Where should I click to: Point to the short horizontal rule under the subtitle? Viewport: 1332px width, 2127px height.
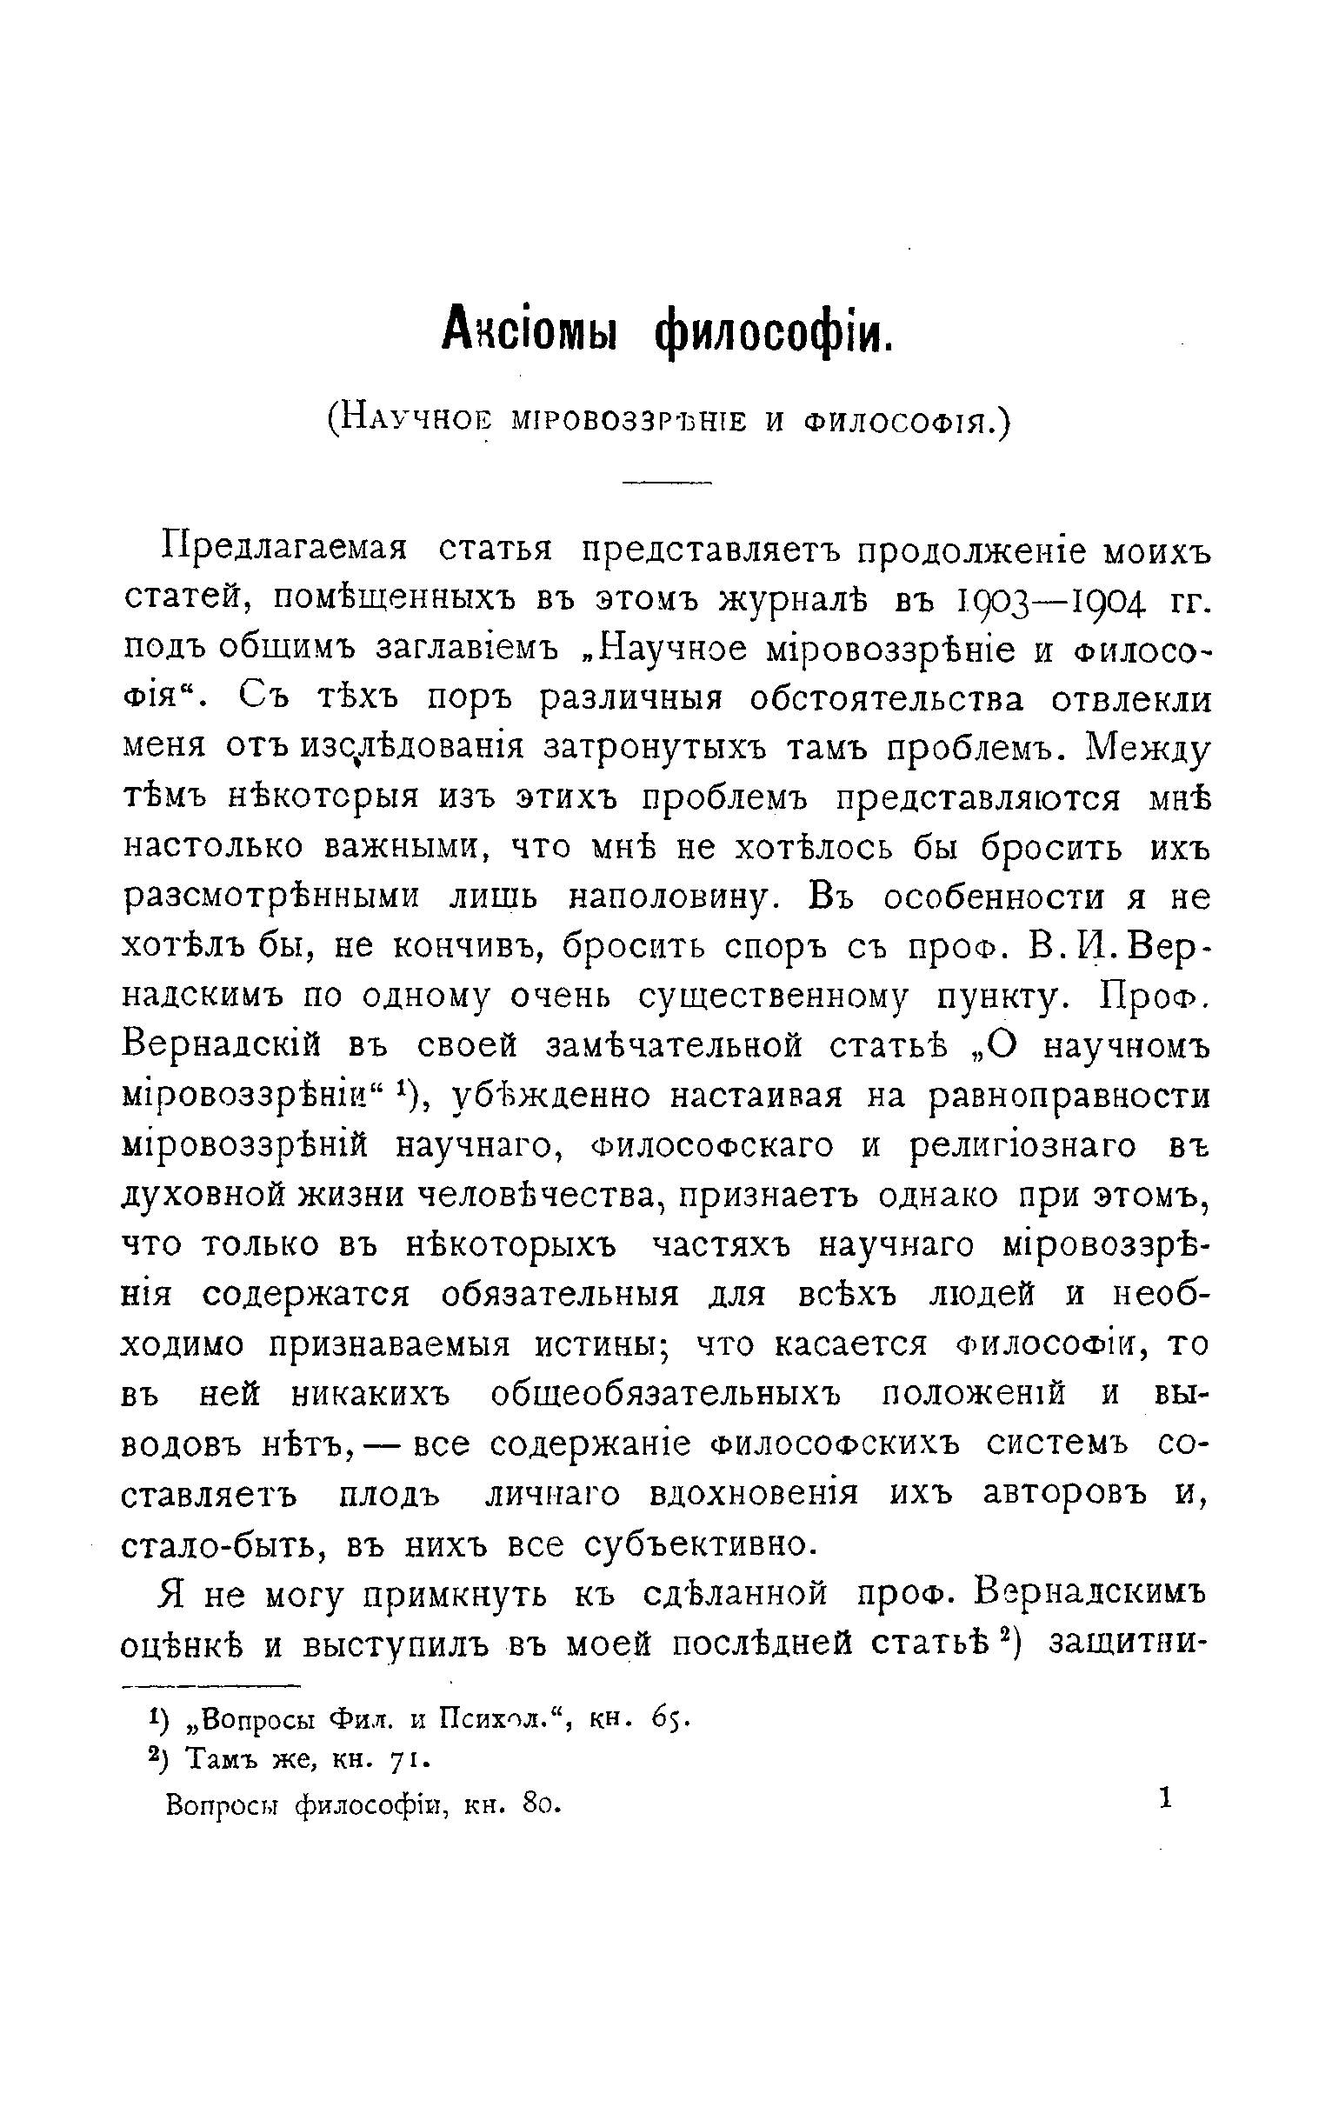666,482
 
